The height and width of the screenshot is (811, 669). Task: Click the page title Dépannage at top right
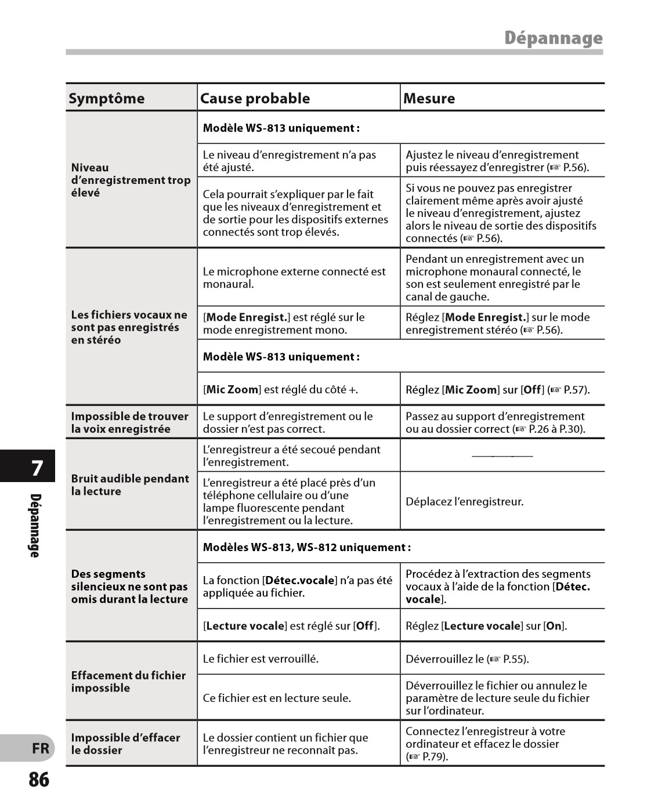point(553,38)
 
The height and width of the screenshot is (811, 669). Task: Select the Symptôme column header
point(107,98)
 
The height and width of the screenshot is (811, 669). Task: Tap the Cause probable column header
point(255,98)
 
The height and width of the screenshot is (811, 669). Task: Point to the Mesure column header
point(429,98)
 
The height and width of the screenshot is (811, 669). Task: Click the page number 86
point(39,780)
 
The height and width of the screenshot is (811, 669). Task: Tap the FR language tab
point(40,748)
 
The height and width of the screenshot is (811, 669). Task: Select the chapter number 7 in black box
point(37,468)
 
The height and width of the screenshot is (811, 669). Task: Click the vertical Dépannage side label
point(35,526)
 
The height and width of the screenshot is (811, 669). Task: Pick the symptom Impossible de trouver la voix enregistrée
point(129,422)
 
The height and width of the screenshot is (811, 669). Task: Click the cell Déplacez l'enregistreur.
point(464,501)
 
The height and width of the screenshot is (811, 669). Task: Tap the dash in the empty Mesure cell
point(502,456)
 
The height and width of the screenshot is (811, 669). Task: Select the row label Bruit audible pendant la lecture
point(129,484)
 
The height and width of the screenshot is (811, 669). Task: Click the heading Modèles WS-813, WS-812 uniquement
point(306,547)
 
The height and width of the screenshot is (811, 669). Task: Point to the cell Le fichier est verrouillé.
point(261,658)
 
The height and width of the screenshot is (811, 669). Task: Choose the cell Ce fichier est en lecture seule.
point(277,698)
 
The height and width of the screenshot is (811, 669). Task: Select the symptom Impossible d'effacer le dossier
point(125,744)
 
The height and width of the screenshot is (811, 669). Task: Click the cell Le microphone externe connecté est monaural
point(294,278)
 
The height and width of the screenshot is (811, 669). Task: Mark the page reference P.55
point(514,659)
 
